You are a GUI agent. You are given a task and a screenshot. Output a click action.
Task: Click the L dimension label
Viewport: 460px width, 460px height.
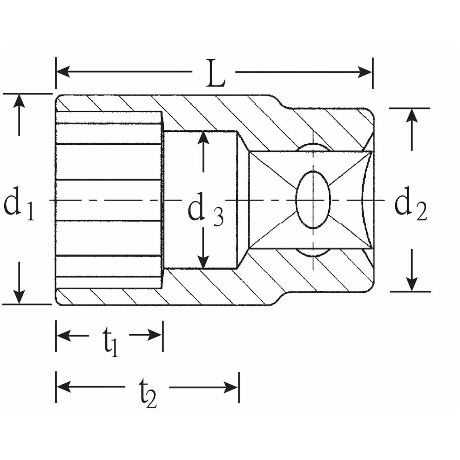coord(216,73)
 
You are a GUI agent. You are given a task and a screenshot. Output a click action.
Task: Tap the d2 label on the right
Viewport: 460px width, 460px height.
coord(410,204)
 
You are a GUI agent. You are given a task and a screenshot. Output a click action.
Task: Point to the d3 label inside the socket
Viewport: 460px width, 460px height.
coord(206,207)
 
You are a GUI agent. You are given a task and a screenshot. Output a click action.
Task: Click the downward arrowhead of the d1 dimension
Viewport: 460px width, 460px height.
coord(19,297)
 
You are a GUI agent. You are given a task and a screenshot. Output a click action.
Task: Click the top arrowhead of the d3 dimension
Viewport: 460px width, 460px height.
coord(203,138)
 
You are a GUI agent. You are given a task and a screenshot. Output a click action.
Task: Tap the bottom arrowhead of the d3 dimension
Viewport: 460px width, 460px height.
coord(203,262)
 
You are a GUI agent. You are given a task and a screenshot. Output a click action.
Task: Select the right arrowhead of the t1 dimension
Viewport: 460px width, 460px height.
coord(155,335)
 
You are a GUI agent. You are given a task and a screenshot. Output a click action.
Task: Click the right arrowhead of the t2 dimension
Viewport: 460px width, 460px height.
coord(231,387)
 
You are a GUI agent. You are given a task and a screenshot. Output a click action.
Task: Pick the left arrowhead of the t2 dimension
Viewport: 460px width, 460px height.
coord(64,387)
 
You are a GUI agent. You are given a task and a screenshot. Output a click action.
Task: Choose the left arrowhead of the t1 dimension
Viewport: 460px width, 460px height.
coord(64,335)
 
